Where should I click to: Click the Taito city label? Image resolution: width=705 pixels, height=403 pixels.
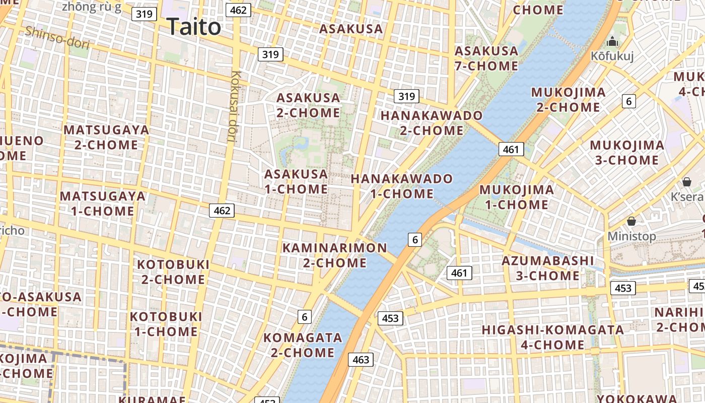pyautogui.click(x=193, y=26)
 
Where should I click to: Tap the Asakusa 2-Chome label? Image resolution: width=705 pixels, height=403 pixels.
pyautogui.click(x=308, y=105)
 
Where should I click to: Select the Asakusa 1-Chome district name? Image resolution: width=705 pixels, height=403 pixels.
pyautogui.click(x=296, y=181)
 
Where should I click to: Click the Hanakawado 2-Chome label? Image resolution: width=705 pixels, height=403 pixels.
pyautogui.click(x=432, y=123)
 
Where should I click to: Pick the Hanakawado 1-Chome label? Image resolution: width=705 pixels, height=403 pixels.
pyautogui.click(x=402, y=186)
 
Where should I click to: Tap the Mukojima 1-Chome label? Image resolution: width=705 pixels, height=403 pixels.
pyautogui.click(x=517, y=197)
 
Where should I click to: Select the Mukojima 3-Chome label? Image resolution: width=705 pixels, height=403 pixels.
pyautogui.click(x=627, y=153)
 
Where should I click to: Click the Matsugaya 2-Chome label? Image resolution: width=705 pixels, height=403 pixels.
pyautogui.click(x=106, y=137)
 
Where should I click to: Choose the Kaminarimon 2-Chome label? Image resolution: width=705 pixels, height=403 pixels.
pyautogui.click(x=334, y=255)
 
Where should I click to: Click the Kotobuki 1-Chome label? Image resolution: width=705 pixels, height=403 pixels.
pyautogui.click(x=166, y=324)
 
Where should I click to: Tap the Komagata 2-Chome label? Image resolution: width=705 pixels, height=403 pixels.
pyautogui.click(x=303, y=345)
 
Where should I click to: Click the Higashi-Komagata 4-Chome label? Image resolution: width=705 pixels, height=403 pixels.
pyautogui.click(x=553, y=337)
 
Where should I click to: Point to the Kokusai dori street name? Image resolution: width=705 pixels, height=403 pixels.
pyautogui.click(x=234, y=106)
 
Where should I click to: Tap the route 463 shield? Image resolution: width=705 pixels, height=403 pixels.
pyautogui.click(x=361, y=360)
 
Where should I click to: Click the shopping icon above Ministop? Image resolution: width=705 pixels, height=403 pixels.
pyautogui.click(x=631, y=221)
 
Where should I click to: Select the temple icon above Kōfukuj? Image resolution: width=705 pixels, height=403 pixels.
pyautogui.click(x=612, y=41)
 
